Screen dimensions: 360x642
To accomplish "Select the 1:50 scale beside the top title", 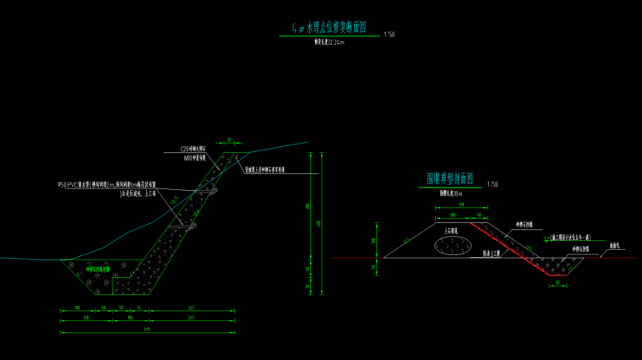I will coord(389,35).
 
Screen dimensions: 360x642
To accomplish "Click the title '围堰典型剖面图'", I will coord(450,179).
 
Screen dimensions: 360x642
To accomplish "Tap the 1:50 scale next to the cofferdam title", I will coord(492,183).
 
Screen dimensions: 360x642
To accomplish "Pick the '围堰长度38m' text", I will coord(452,193).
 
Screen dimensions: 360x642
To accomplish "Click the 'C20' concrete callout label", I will coord(193,150).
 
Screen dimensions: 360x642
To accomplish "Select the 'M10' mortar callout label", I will coord(194,157).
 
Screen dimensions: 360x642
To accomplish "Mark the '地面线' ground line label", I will coord(616,246).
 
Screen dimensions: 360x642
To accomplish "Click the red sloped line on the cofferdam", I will coord(511,248).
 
